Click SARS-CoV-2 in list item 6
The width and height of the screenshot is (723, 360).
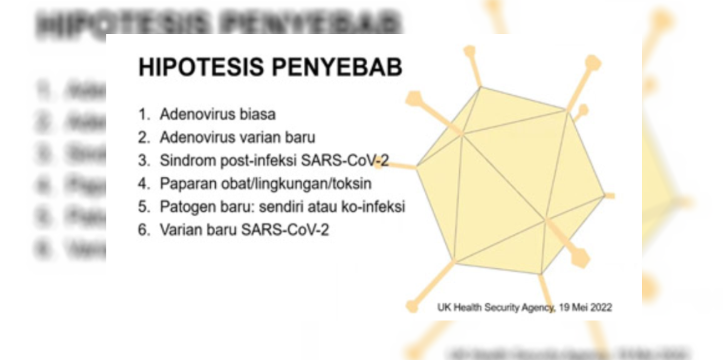[x=285, y=230]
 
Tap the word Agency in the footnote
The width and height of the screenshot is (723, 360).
[x=537, y=307]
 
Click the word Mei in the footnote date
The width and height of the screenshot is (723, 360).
[x=579, y=307]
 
